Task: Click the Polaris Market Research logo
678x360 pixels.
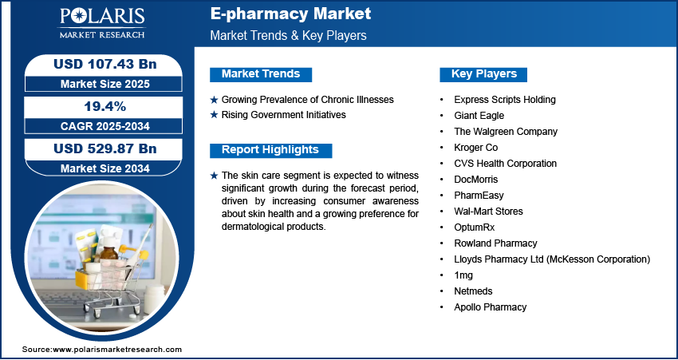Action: pyautogui.click(x=102, y=22)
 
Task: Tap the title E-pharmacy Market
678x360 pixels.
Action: pyautogui.click(x=290, y=14)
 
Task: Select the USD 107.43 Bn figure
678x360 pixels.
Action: pyautogui.click(x=105, y=64)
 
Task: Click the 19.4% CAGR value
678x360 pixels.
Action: pyautogui.click(x=104, y=106)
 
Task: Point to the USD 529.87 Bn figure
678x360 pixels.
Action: pyautogui.click(x=105, y=148)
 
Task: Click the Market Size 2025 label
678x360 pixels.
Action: pyautogui.click(x=105, y=84)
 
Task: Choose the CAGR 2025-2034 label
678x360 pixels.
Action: pyautogui.click(x=105, y=126)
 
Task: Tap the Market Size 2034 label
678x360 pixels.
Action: pyautogui.click(x=105, y=168)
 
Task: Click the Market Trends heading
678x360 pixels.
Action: pyautogui.click(x=261, y=74)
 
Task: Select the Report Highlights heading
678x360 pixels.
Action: pyautogui.click(x=270, y=150)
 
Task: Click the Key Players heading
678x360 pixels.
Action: pyautogui.click(x=484, y=74)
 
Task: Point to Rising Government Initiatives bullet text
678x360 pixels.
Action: pyautogui.click(x=284, y=115)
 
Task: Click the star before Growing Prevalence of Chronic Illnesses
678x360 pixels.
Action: pyautogui.click(x=214, y=100)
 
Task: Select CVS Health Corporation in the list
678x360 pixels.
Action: pyautogui.click(x=505, y=164)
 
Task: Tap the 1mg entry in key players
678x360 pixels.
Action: pyautogui.click(x=463, y=275)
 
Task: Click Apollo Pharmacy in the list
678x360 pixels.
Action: pyautogui.click(x=491, y=307)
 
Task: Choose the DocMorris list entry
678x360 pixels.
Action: pyautogui.click(x=475, y=180)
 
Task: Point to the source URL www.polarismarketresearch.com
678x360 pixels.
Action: pyautogui.click(x=117, y=350)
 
